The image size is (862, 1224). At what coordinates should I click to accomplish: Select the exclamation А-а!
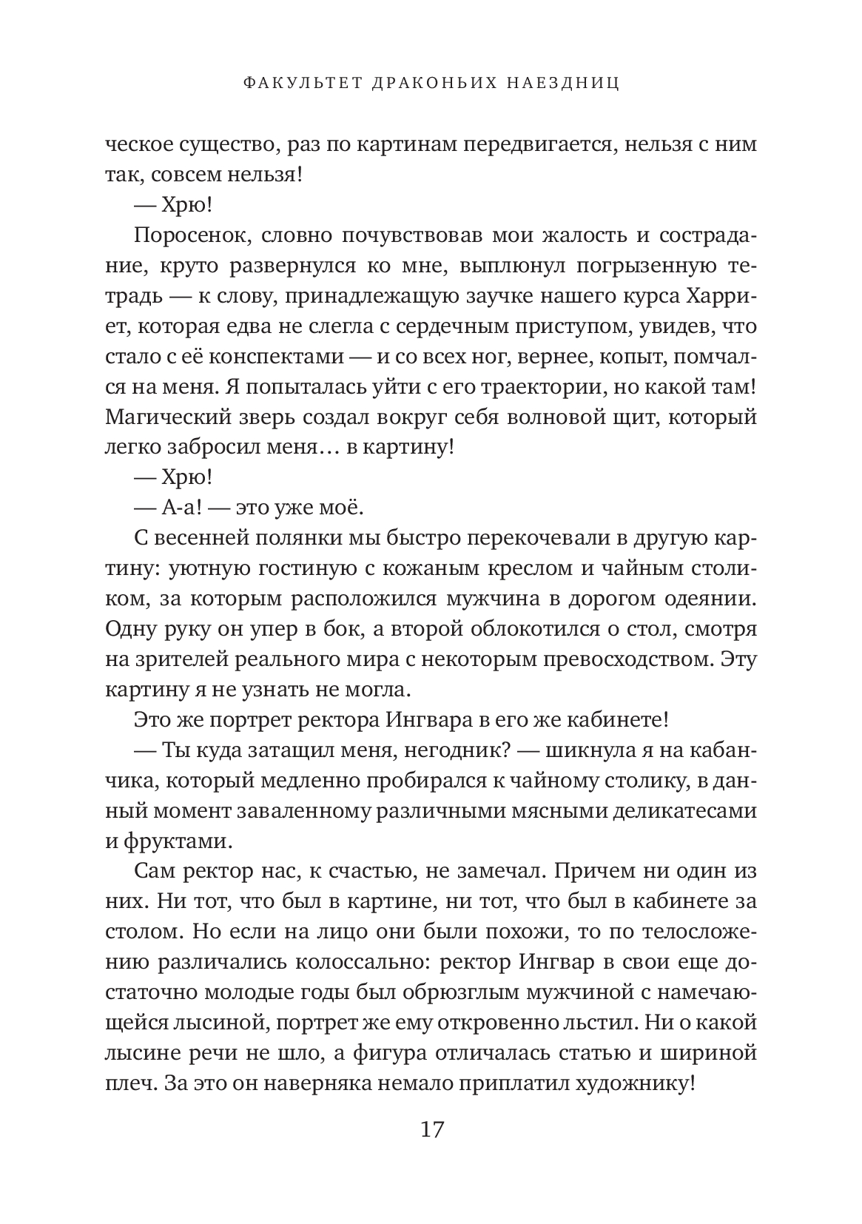click(156, 507)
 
